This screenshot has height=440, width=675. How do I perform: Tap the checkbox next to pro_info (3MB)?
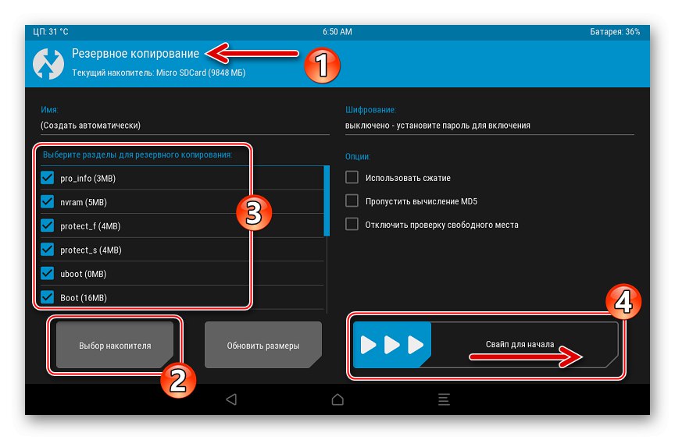click(48, 177)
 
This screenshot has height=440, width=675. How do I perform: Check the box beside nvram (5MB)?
click(48, 201)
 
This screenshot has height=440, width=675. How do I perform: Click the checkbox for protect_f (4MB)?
click(48, 225)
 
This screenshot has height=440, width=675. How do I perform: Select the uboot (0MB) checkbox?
click(48, 273)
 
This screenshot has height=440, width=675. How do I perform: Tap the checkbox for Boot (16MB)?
click(48, 297)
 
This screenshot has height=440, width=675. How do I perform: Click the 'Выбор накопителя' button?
click(115, 345)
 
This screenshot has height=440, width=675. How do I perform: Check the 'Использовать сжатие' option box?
click(352, 177)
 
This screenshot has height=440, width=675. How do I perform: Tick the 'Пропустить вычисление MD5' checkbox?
click(352, 200)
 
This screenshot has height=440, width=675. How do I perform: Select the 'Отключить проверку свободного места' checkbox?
click(352, 224)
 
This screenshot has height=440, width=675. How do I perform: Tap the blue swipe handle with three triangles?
click(391, 345)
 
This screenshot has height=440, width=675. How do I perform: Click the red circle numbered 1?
click(322, 66)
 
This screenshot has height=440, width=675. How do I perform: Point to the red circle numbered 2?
click(178, 380)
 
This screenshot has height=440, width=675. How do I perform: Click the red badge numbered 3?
click(254, 213)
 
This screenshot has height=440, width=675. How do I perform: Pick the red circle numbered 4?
click(623, 302)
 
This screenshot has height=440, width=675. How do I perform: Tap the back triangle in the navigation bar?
click(231, 399)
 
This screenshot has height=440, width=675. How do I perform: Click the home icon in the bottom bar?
click(337, 399)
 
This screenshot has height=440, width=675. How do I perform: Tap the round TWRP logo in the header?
click(48, 64)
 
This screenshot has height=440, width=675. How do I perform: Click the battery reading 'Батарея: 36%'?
click(615, 32)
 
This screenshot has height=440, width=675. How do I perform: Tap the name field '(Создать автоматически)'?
click(91, 126)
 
